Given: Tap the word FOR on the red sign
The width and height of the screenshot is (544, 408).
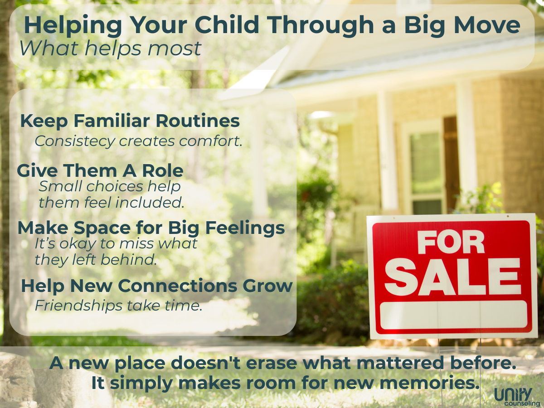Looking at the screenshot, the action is coord(451,242).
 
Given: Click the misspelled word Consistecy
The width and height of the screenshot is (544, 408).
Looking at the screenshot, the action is coord(75,141).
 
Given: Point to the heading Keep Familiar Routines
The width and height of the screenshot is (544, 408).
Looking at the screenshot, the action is coord(130,121).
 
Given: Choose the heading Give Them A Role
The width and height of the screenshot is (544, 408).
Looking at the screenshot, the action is coord(100,171).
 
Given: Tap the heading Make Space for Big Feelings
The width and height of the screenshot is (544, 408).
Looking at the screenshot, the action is coord(151,228).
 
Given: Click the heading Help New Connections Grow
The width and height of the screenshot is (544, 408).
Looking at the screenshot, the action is coord(157,286).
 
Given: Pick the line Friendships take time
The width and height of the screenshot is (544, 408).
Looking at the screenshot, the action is coord(118,306).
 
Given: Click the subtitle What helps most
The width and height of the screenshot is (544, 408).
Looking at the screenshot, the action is coord(110,49).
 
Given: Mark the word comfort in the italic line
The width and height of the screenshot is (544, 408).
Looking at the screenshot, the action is coord(210,141).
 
